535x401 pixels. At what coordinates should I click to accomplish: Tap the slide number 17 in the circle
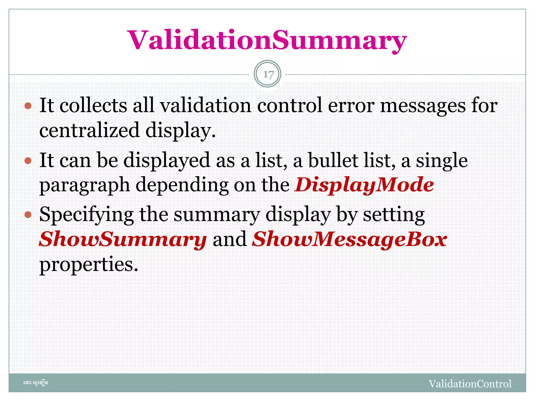tap(267, 74)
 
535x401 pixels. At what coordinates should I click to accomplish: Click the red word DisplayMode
tap(364, 185)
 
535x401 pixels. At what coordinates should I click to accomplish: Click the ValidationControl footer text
tap(470, 384)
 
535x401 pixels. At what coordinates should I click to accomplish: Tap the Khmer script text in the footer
tap(36, 383)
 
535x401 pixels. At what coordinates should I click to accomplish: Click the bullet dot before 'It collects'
tap(28, 106)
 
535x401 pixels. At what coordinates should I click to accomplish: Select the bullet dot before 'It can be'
tap(28, 161)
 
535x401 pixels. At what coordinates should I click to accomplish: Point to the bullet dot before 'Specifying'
tap(28, 215)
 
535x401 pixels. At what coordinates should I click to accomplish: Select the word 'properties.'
tap(89, 265)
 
